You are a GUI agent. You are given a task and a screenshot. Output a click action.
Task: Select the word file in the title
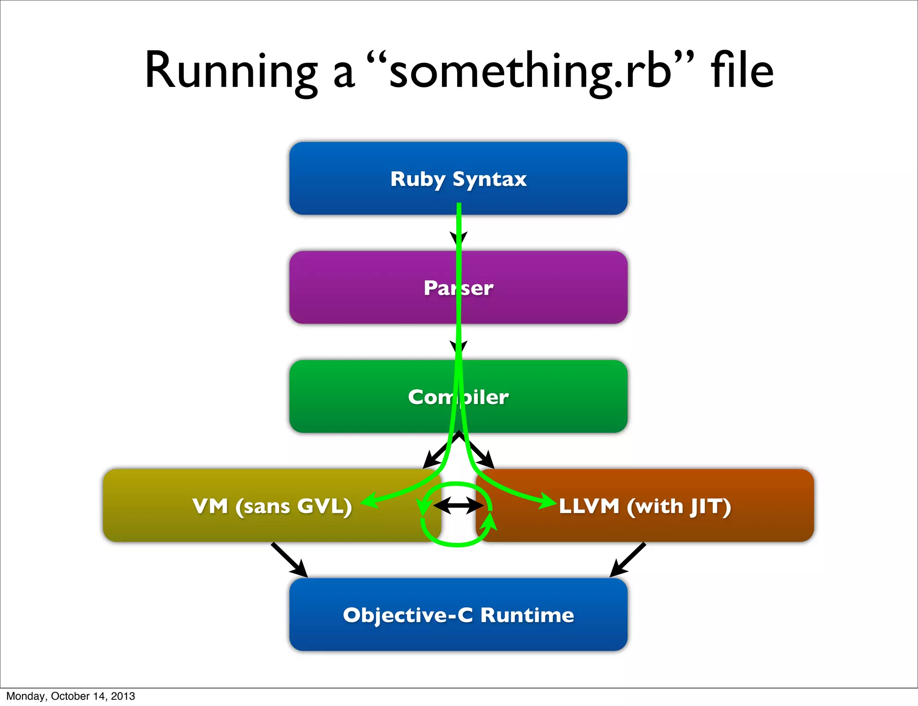click(x=742, y=71)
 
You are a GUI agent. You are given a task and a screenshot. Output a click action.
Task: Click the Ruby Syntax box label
click(x=458, y=179)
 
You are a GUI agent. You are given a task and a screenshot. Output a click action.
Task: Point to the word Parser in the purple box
click(x=458, y=288)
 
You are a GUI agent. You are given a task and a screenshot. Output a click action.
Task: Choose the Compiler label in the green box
click(x=458, y=397)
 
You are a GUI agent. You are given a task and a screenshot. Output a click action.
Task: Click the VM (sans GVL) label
click(x=272, y=506)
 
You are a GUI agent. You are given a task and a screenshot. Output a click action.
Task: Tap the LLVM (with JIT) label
click(x=645, y=506)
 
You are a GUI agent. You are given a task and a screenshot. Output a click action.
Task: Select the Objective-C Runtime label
click(x=458, y=615)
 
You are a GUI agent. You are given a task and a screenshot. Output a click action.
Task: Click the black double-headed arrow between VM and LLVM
click(x=458, y=506)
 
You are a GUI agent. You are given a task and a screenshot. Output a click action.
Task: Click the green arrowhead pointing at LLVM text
click(x=548, y=500)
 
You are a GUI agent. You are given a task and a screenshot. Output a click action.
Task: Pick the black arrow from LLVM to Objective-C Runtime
click(x=628, y=560)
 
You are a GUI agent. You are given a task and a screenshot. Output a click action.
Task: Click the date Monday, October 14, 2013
click(x=70, y=696)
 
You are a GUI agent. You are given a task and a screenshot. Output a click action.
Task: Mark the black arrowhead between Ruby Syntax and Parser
click(x=459, y=238)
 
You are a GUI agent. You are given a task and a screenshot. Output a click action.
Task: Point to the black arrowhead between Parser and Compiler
click(x=459, y=347)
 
